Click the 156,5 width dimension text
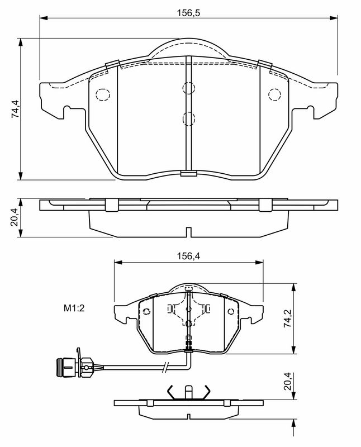coord(189,12)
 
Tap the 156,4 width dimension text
coord(189,256)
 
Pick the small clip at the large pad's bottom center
coord(188,173)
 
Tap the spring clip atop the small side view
coord(189,392)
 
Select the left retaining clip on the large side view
coord(111,205)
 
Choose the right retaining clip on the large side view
coord(265,205)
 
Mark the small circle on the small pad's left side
coord(146,311)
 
